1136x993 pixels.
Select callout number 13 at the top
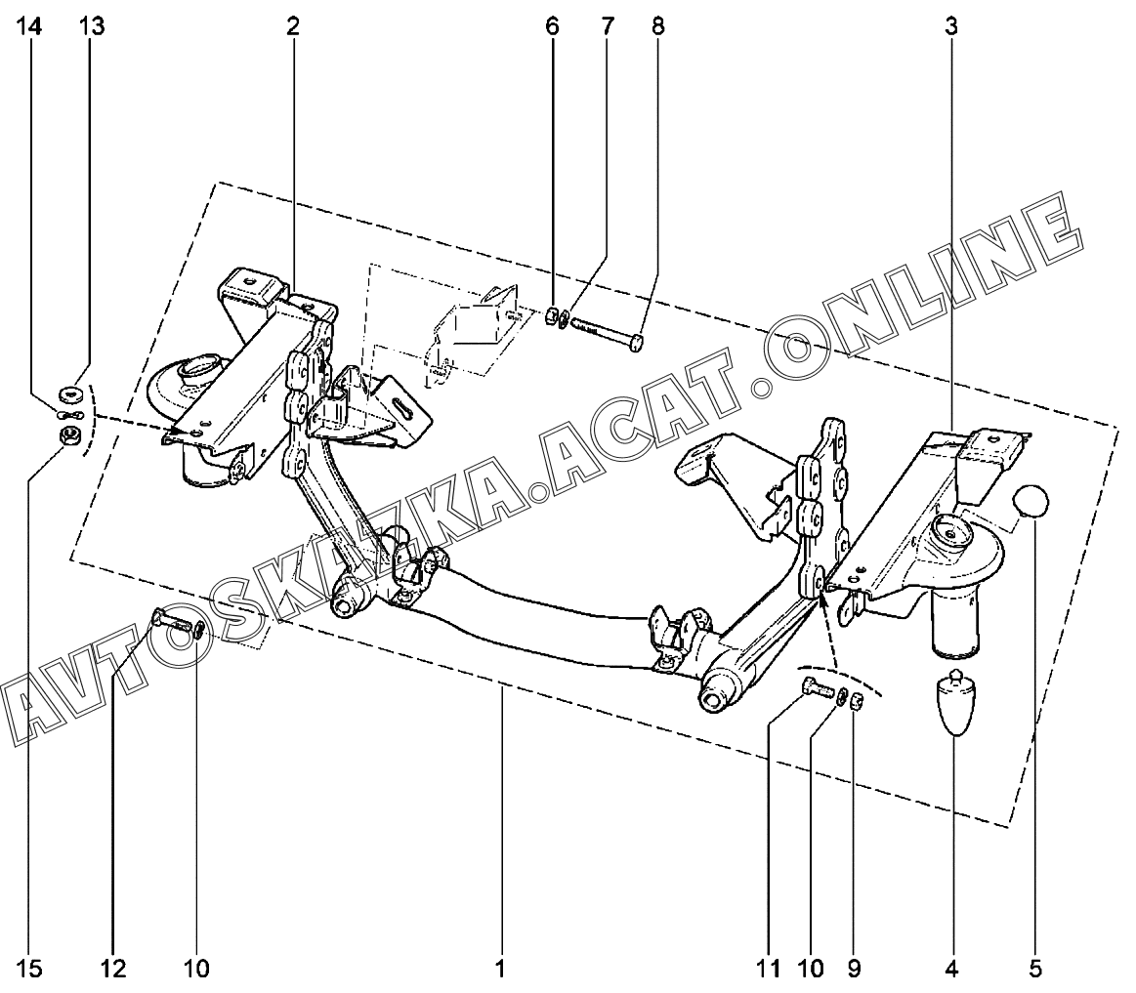(92, 27)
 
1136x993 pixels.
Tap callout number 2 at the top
(292, 27)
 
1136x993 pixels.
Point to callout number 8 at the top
(657, 27)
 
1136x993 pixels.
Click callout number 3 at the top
(950, 27)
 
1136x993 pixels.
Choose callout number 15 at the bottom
(33, 969)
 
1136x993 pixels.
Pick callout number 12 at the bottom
(114, 969)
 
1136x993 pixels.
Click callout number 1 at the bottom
(499, 969)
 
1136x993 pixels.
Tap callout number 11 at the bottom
(768, 969)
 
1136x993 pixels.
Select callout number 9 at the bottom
(854, 969)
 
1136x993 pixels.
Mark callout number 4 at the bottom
(951, 969)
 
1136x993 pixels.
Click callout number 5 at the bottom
(1034, 969)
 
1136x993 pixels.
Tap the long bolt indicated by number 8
(606, 332)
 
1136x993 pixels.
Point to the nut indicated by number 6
(550, 315)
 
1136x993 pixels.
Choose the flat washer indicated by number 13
(70, 394)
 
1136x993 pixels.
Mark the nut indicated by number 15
(69, 435)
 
